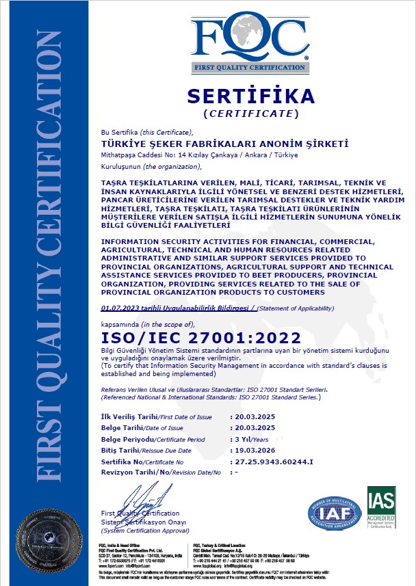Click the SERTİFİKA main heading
pyautogui.click(x=250, y=95)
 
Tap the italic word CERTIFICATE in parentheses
pyautogui.click(x=251, y=113)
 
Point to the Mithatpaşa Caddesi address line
pyautogui.click(x=190, y=155)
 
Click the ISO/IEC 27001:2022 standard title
pyautogui.click(x=200, y=338)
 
